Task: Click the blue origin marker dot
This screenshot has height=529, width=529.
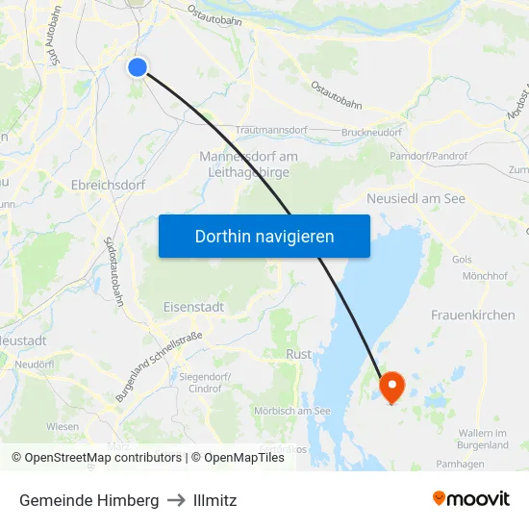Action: coord(138,66)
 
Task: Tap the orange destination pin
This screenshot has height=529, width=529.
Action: coord(392,386)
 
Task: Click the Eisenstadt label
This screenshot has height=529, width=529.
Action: coord(193,307)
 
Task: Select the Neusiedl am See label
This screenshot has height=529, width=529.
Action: coord(416,198)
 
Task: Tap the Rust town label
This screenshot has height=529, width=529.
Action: coord(299,354)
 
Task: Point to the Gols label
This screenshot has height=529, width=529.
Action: coord(462,260)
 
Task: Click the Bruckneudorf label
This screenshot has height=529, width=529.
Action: coord(372,132)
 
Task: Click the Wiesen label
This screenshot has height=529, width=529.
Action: coord(63,426)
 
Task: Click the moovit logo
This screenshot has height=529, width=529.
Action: coord(470,498)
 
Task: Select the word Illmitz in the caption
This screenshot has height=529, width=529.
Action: coord(214,500)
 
